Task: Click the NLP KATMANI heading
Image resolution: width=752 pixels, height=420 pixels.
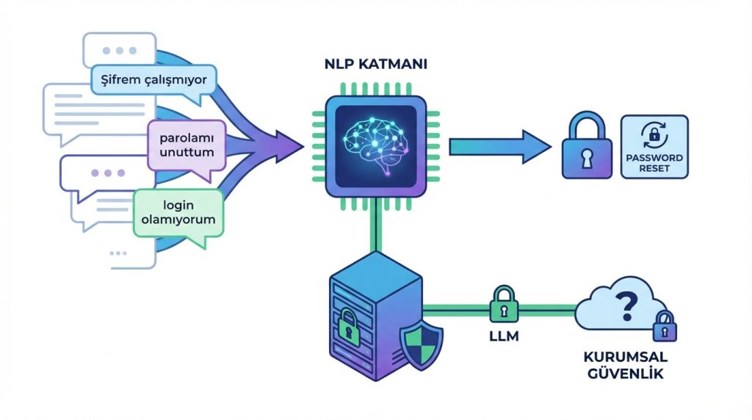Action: click(x=376, y=65)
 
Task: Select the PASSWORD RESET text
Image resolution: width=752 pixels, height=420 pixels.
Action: click(x=654, y=163)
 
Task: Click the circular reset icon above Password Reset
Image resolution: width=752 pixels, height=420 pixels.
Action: click(x=654, y=134)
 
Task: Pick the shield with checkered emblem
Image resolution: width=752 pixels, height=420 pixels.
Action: click(x=422, y=343)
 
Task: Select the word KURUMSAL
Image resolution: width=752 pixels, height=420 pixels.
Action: click(x=623, y=357)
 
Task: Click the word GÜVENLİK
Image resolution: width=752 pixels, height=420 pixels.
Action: click(x=623, y=374)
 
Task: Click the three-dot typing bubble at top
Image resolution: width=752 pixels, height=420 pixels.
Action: click(x=117, y=51)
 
